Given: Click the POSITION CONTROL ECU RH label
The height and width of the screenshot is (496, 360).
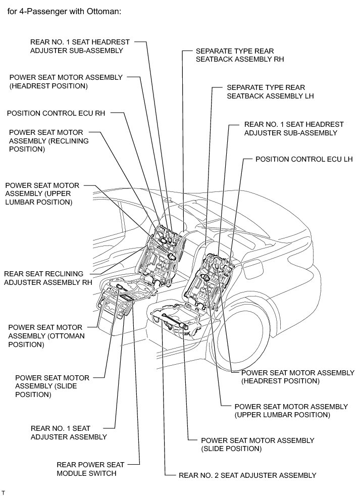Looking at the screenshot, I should (56, 114).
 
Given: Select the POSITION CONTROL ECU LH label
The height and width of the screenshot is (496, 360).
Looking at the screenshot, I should (303, 159).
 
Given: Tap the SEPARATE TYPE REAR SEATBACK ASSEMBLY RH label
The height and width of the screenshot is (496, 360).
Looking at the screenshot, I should (240, 55).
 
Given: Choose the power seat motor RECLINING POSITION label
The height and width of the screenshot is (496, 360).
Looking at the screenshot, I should (48, 141).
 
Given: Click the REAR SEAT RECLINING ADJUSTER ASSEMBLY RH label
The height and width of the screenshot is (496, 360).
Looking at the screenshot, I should (48, 278).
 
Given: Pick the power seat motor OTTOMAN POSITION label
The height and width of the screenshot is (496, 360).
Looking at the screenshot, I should (46, 336).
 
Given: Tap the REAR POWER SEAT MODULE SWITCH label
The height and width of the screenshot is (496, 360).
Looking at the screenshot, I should (86, 469).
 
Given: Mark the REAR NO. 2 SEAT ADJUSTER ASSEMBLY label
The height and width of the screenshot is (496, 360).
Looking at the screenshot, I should (247, 475).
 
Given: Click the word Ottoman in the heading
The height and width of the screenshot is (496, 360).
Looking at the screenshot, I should (102, 11).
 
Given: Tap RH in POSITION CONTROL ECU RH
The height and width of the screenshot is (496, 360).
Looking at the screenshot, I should (99, 114).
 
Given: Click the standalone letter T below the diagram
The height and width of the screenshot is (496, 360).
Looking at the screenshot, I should (3, 491).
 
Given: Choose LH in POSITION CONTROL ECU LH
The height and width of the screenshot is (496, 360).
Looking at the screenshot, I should (346, 159).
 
